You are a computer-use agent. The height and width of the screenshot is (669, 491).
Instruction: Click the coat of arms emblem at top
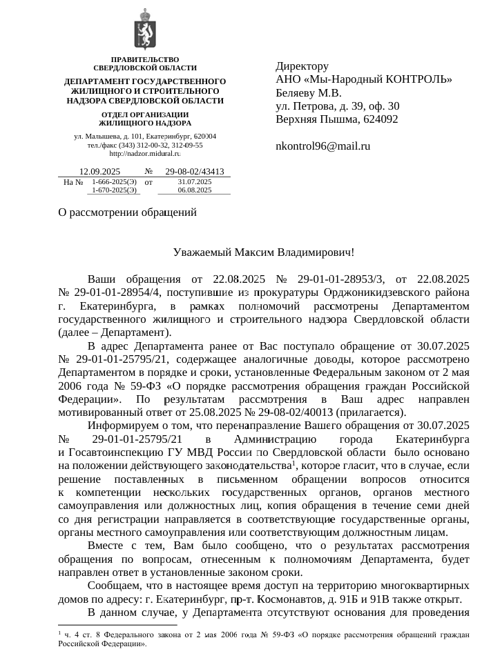(x=145, y=28)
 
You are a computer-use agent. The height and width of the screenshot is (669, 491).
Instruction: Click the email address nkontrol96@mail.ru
(x=322, y=146)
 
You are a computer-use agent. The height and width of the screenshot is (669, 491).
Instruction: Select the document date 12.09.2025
(x=100, y=172)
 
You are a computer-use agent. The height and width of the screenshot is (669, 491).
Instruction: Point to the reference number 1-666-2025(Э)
(x=114, y=181)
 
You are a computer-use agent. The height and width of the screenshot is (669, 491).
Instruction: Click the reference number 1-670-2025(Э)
(x=114, y=190)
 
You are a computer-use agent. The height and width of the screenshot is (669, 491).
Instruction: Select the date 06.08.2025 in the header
(x=194, y=190)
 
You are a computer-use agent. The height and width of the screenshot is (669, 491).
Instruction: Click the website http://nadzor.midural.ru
(x=145, y=154)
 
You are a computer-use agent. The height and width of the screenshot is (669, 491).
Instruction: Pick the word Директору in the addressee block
(x=302, y=67)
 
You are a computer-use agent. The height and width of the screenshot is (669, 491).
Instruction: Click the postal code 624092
(x=378, y=119)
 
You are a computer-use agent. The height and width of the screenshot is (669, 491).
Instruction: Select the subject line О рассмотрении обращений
(x=128, y=213)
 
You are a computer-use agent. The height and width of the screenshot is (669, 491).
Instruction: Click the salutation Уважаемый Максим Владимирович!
(x=264, y=252)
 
